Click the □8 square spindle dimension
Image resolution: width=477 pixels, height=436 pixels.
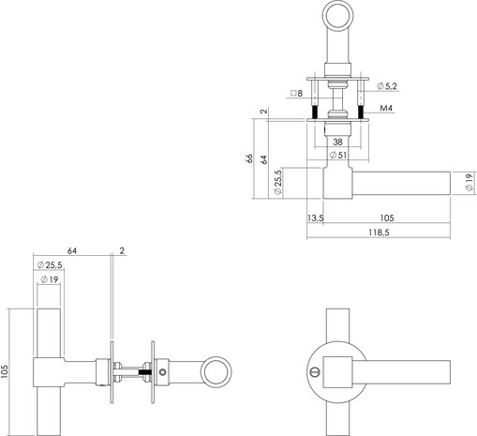(298, 95)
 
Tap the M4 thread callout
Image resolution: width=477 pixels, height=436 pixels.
(383, 109)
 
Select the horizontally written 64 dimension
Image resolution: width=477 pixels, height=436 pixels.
(72, 251)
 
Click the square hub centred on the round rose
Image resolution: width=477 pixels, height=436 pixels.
(346, 371)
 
